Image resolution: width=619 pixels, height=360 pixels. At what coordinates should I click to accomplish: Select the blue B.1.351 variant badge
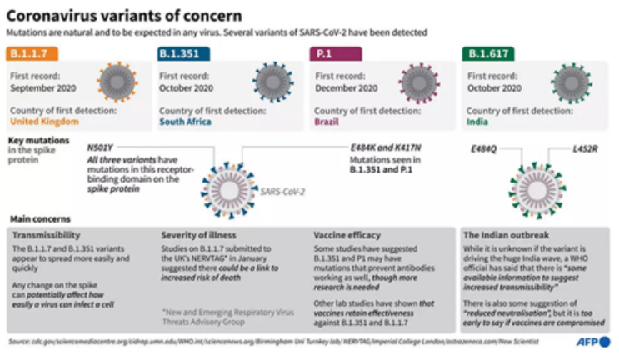click(x=183, y=55)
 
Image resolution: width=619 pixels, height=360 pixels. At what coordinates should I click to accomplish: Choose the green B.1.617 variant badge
click(x=487, y=55)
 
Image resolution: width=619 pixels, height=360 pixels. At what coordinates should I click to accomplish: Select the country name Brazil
click(x=327, y=121)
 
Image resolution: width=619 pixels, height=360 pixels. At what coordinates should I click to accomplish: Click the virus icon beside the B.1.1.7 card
click(x=117, y=82)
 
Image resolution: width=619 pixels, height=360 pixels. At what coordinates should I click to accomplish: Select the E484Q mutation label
click(x=483, y=147)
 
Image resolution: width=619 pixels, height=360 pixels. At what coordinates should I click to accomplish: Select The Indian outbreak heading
click(x=507, y=235)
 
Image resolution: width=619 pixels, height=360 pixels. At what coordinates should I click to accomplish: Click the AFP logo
click(x=592, y=342)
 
